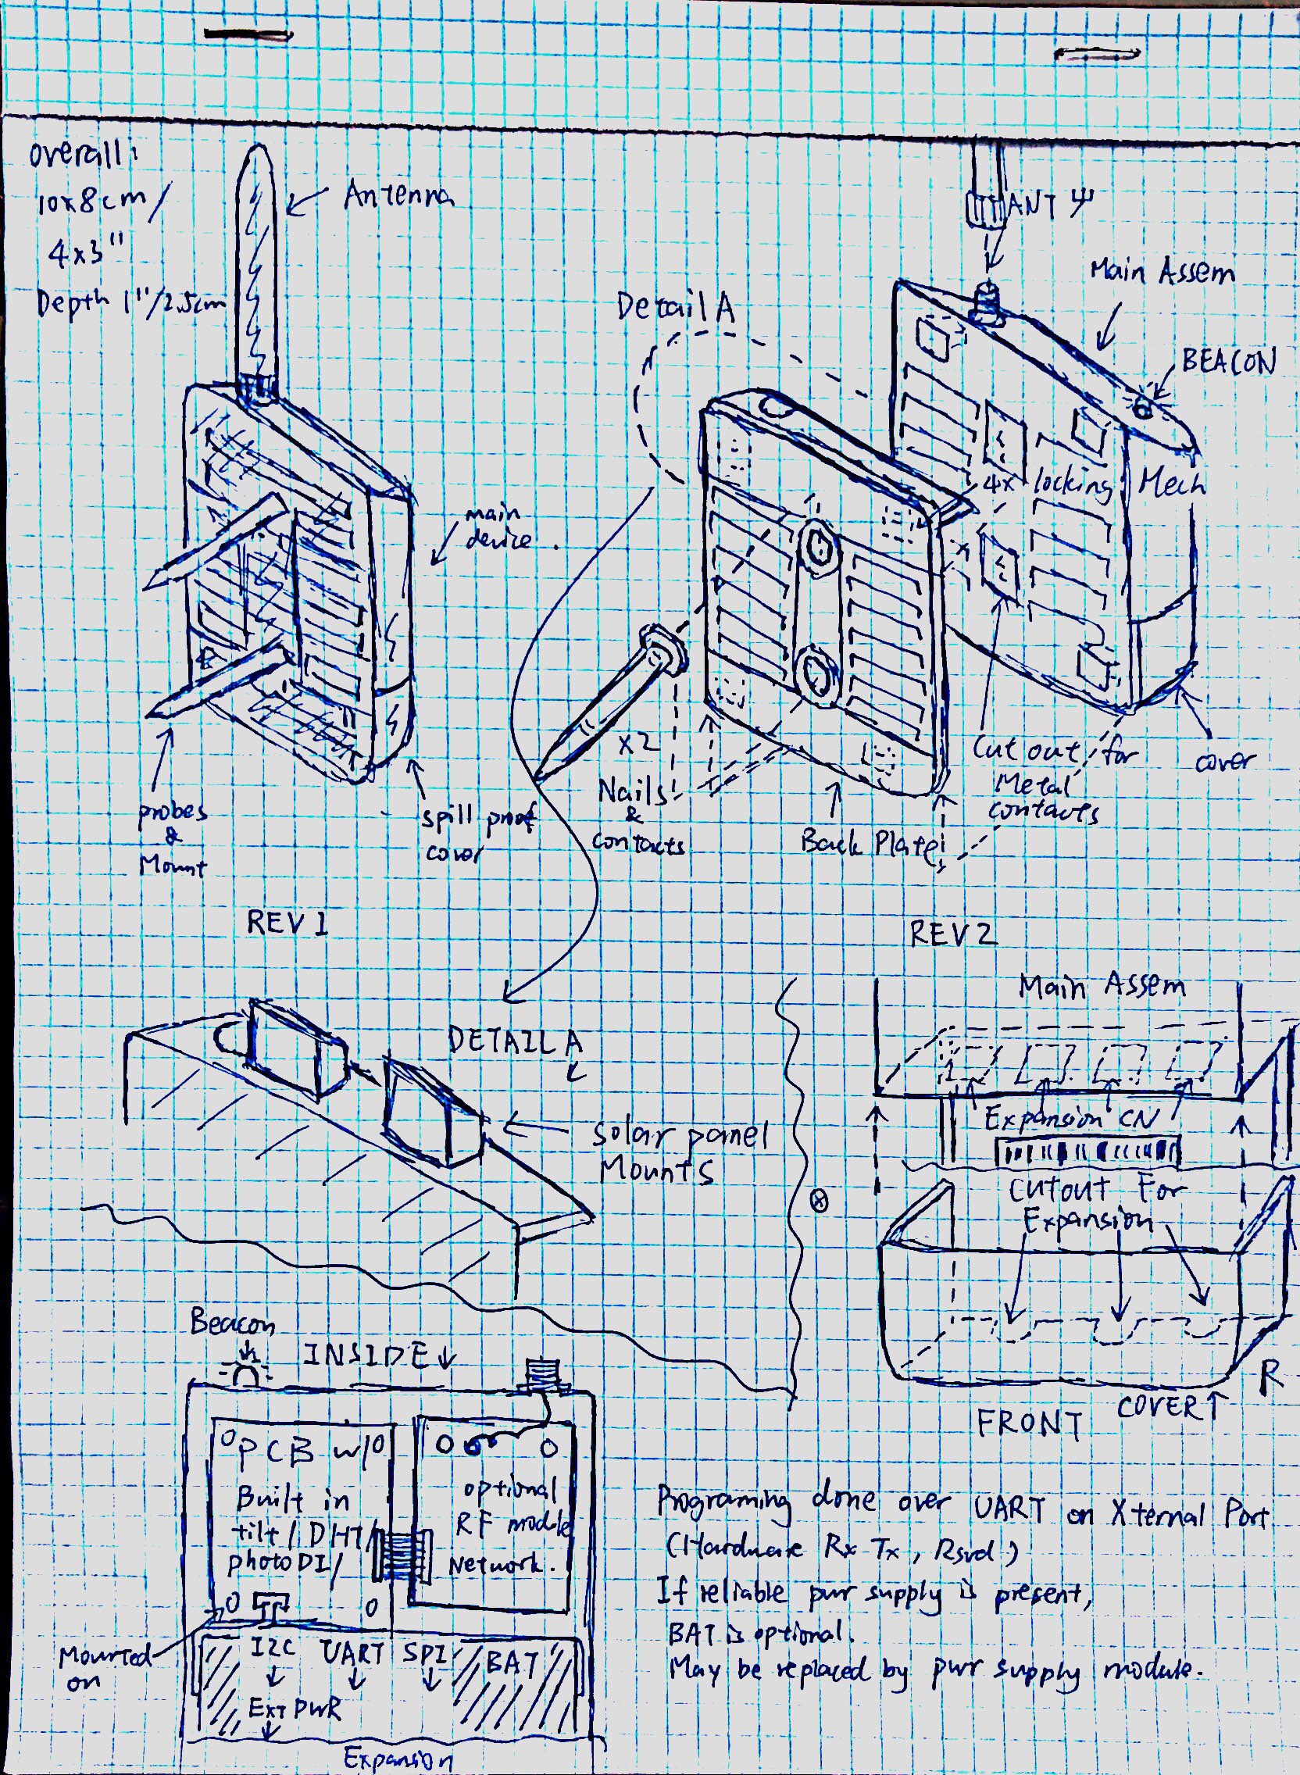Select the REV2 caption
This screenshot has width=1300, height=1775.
tap(953, 934)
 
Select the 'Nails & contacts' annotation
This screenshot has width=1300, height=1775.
tap(637, 818)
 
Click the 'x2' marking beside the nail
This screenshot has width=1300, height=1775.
tap(634, 744)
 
